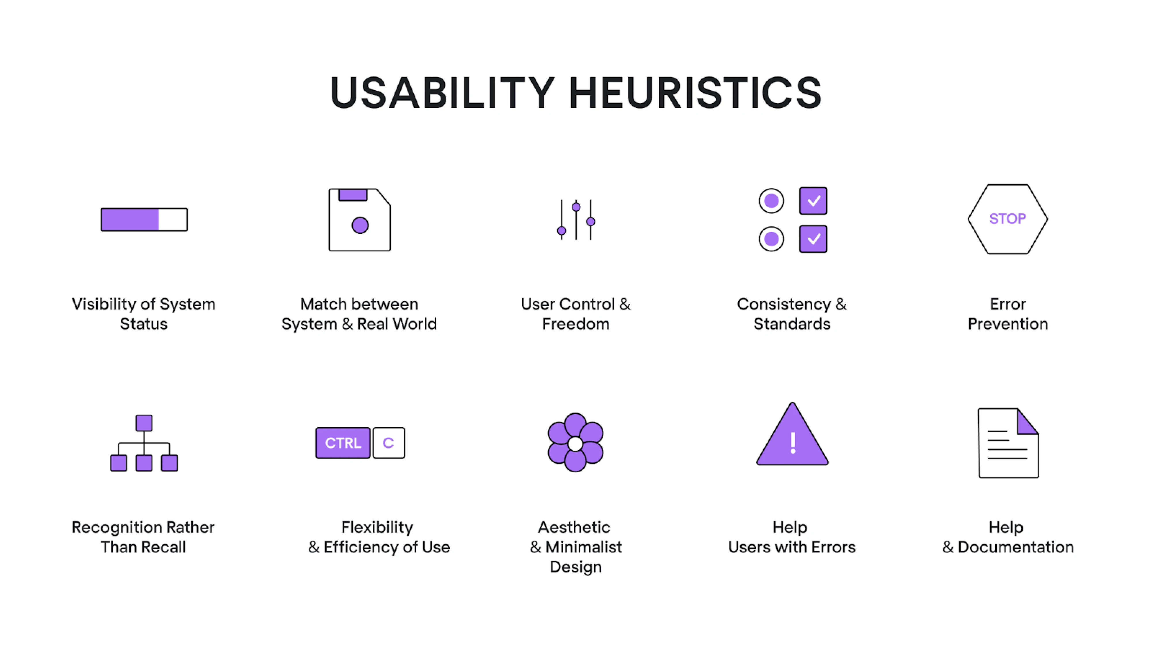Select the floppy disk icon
(360, 219)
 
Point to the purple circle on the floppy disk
(360, 225)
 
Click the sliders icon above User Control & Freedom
(576, 219)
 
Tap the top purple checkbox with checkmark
(813, 201)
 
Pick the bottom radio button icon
(771, 239)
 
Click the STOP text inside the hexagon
(1008, 219)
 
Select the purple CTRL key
(343, 443)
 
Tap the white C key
(389, 443)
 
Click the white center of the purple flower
(575, 444)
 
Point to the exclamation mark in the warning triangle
(792, 443)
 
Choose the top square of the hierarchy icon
(144, 423)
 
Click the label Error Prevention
(1008, 314)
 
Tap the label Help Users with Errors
(792, 537)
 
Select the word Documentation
(1016, 547)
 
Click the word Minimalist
(583, 547)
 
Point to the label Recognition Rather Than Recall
(143, 537)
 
